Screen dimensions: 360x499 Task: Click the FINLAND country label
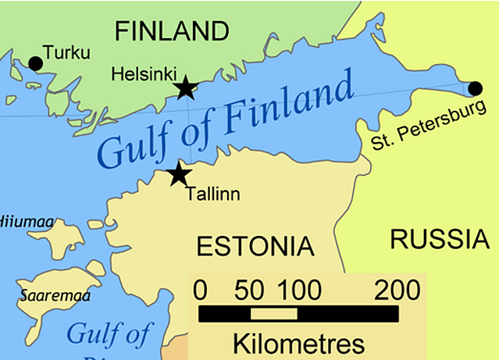172,31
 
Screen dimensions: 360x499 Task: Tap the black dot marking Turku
34,63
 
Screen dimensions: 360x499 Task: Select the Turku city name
67,53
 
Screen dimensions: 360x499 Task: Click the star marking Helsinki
185,87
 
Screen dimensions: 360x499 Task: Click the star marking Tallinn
180,173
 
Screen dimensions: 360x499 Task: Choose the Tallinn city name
212,194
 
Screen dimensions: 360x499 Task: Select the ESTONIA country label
255,246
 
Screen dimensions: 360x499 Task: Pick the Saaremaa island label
55,296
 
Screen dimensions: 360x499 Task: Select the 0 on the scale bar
200,290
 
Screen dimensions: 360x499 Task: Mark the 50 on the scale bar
250,290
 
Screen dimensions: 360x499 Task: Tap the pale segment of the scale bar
273,314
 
